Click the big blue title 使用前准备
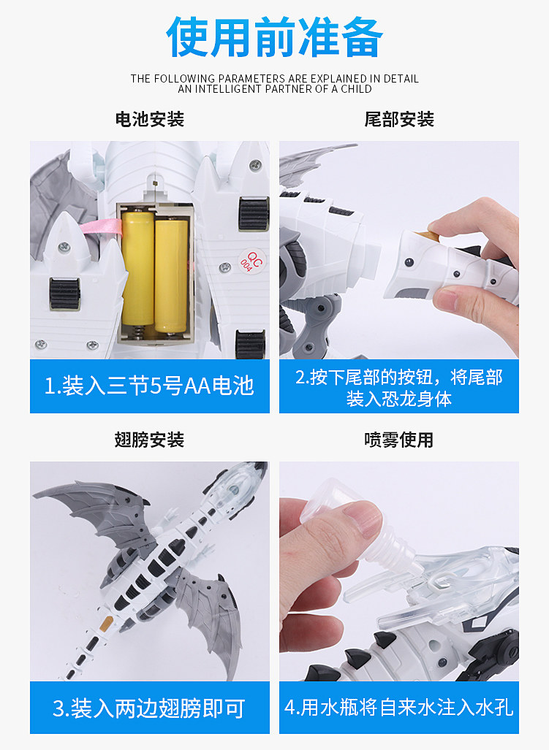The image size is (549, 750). click(274, 37)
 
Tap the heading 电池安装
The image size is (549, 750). click(150, 119)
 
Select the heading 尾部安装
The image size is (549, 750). click(399, 119)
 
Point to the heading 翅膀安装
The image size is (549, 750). click(150, 440)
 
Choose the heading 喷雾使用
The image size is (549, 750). click(399, 440)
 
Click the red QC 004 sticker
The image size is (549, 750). click(251, 261)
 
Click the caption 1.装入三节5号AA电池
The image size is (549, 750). click(149, 386)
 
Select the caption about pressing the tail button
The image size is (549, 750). click(399, 388)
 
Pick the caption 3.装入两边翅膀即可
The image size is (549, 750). click(149, 708)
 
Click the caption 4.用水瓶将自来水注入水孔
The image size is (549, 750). click(399, 708)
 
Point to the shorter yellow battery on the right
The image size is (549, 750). click(171, 275)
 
